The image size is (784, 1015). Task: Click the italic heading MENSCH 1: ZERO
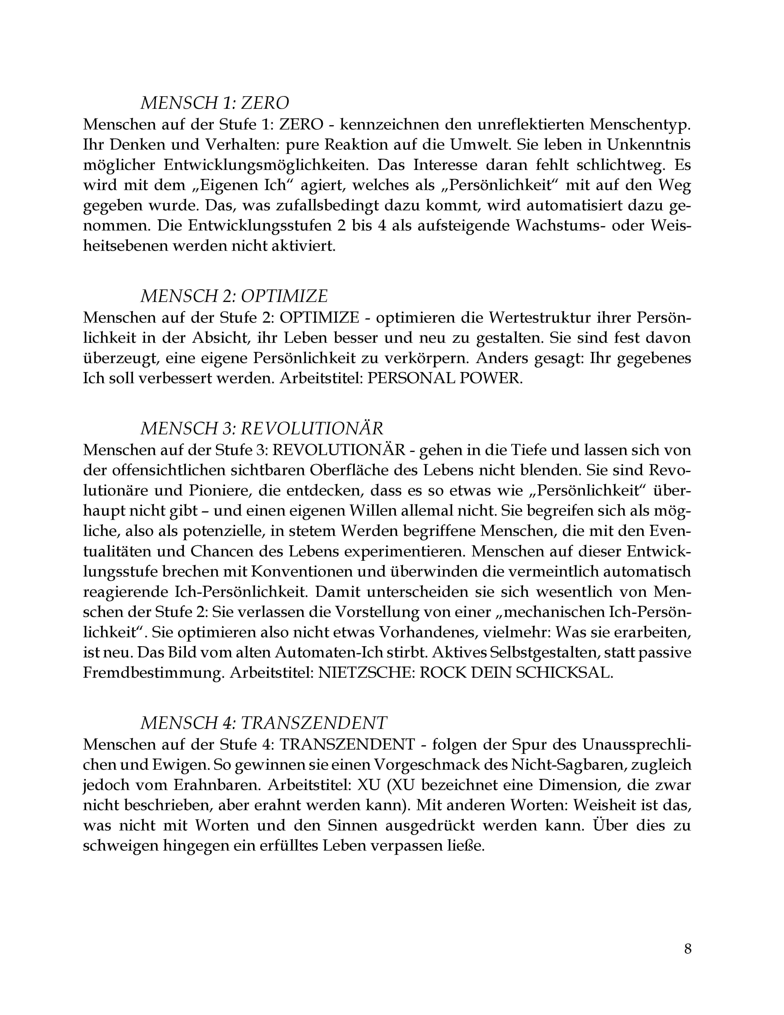pyautogui.click(x=215, y=103)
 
